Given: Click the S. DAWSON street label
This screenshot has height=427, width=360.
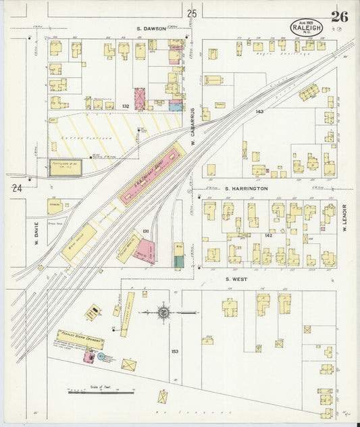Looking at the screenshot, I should [151, 28].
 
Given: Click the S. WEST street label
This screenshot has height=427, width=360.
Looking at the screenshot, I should [237, 278].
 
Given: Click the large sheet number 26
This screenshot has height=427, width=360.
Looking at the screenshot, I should [338, 16].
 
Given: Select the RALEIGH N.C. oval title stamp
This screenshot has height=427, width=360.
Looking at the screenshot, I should [306, 28].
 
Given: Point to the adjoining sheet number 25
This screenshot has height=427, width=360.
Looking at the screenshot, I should [192, 14].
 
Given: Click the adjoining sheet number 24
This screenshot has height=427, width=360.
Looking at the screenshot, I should [16, 189].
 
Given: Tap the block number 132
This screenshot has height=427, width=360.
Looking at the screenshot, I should [125, 106].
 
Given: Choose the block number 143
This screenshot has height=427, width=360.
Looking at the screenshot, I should [259, 111].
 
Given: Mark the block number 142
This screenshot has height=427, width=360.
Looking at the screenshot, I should [268, 235].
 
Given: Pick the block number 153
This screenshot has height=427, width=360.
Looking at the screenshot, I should [175, 351].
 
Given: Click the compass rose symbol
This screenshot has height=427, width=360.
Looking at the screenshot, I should [164, 312].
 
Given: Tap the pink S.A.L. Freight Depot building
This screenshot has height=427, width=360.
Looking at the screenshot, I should [152, 175].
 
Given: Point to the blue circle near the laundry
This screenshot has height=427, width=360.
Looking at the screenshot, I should [101, 356].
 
